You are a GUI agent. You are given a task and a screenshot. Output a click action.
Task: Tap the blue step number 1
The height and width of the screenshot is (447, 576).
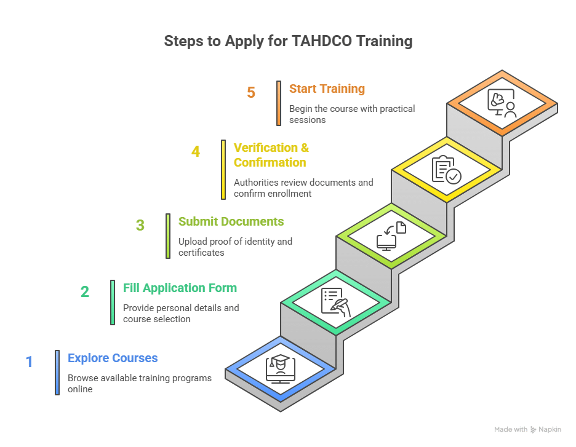coord(29,362)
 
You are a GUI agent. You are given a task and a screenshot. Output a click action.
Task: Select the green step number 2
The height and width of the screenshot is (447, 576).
coord(85,291)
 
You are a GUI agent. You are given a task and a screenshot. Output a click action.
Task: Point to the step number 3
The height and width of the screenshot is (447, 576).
coord(140,225)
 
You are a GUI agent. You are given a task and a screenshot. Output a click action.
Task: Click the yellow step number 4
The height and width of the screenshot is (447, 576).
coord(196,151)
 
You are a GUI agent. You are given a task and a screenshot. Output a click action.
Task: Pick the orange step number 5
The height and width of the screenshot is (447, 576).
coord(251,93)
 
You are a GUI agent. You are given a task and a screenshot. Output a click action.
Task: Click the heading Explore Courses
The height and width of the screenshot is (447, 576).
coord(113,358)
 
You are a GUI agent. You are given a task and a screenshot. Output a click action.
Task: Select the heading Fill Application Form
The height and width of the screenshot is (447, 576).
coord(180,288)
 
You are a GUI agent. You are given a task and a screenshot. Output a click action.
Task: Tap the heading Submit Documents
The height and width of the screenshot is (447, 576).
coord(231,221)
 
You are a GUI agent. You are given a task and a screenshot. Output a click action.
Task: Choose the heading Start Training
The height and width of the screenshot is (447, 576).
coord(327,89)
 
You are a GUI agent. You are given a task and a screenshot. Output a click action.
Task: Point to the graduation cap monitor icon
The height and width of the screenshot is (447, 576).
coord(280,370)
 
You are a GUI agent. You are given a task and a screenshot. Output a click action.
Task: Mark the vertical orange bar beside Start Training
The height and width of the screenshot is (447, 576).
coord(278,103)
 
